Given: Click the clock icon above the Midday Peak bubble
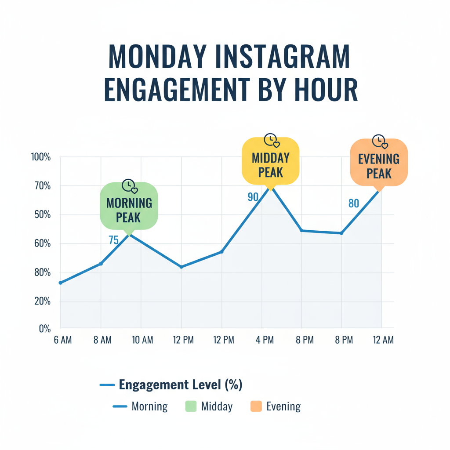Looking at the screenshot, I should click(x=271, y=140).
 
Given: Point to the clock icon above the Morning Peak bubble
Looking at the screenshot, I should click(x=129, y=185).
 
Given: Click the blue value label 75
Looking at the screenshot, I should click(x=113, y=240).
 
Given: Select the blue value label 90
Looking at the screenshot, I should click(x=253, y=197).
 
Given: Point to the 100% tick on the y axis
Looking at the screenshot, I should click(x=41, y=157).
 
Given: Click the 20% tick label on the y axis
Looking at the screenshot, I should click(x=41, y=301).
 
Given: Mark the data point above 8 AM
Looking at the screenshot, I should click(x=101, y=263).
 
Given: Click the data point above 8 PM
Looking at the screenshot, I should click(x=341, y=233).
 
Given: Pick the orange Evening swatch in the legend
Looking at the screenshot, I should click(x=255, y=406).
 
